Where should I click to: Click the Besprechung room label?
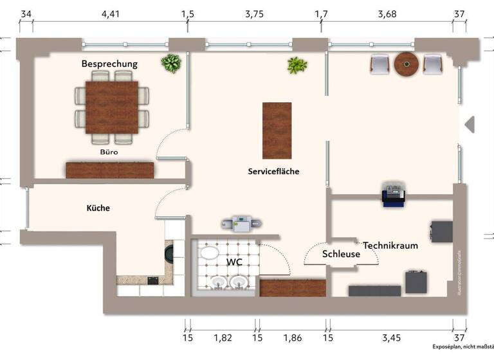pyautogui.click(x=109, y=64)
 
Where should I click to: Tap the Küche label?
pyautogui.click(x=98, y=208)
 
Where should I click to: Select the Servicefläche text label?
pyautogui.click(x=275, y=172)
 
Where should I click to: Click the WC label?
pyautogui.click(x=234, y=262)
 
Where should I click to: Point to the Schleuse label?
pyautogui.click(x=341, y=254)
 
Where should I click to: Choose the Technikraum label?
pyautogui.click(x=390, y=246)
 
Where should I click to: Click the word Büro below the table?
pyautogui.click(x=109, y=153)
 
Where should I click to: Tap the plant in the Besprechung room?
pyautogui.click(x=171, y=64)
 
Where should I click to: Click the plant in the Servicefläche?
pyautogui.click(x=297, y=66)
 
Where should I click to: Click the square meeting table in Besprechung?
pyautogui.click(x=112, y=106)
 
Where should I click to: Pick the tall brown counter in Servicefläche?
pyautogui.click(x=277, y=130)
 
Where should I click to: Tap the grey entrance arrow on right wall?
pyautogui.click(x=469, y=124)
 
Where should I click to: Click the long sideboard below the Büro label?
pyautogui.click(x=110, y=170)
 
